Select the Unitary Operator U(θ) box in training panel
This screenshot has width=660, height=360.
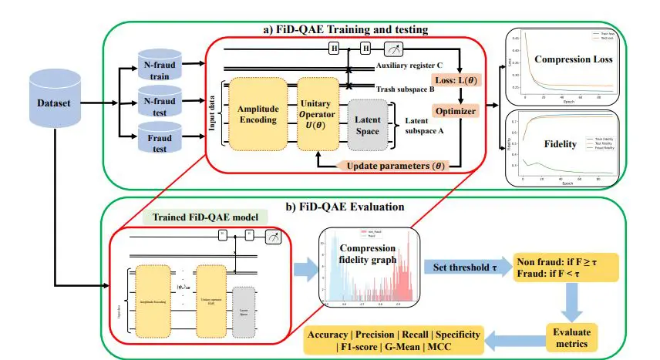click(320, 114)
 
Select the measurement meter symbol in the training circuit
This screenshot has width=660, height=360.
click(393, 49)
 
